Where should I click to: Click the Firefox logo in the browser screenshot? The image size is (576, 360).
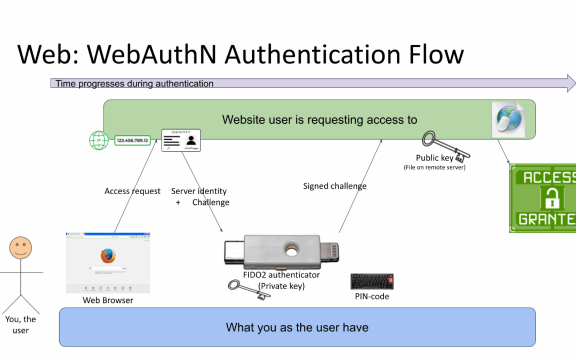tap(107, 256)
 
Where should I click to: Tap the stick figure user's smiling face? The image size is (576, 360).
tap(20, 248)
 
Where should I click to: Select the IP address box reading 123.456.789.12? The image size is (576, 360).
tap(132, 141)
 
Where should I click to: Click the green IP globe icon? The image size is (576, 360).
tap(99, 141)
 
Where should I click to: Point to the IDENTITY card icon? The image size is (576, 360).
tap(181, 140)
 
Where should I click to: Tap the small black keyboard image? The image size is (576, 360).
tap(372, 282)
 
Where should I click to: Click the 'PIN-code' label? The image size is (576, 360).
tap(372, 296)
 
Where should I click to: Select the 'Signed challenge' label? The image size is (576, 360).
tap(334, 186)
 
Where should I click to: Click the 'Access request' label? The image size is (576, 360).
tap(132, 191)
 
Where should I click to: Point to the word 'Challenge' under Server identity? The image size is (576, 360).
tap(211, 202)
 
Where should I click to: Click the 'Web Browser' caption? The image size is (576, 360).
tap(108, 300)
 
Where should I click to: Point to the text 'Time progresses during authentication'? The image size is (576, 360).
tap(134, 84)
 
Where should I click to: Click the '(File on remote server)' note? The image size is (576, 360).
tap(434, 167)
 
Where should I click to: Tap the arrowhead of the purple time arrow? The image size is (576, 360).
tap(570, 83)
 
